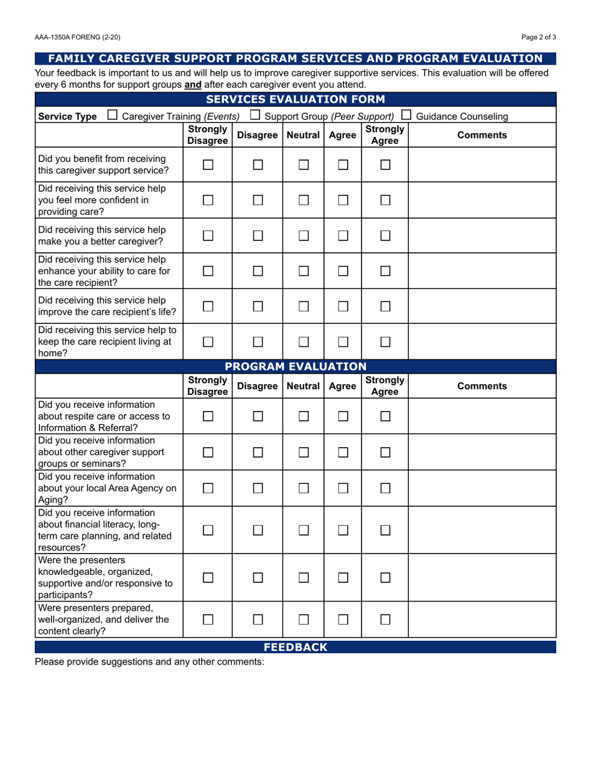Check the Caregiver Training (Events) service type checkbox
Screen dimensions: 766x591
113,115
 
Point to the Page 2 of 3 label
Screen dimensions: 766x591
539,37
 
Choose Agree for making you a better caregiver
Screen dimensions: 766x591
342,235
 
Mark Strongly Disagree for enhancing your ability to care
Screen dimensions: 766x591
208,270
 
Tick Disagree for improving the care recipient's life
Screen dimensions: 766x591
258,306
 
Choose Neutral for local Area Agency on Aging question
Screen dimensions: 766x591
303,488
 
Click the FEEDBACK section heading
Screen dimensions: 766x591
295,647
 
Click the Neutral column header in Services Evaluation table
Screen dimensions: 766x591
303,135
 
